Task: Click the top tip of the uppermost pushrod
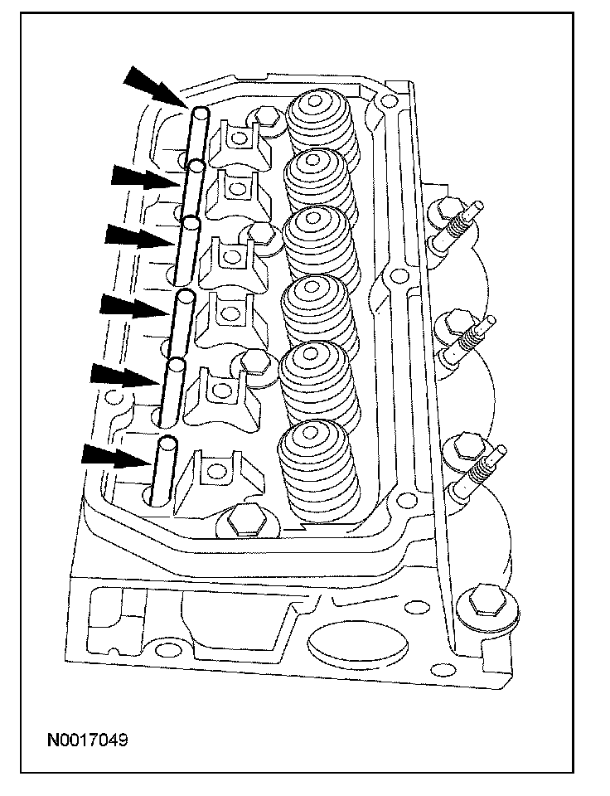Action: coord(200,110)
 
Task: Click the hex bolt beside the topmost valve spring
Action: coord(266,116)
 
